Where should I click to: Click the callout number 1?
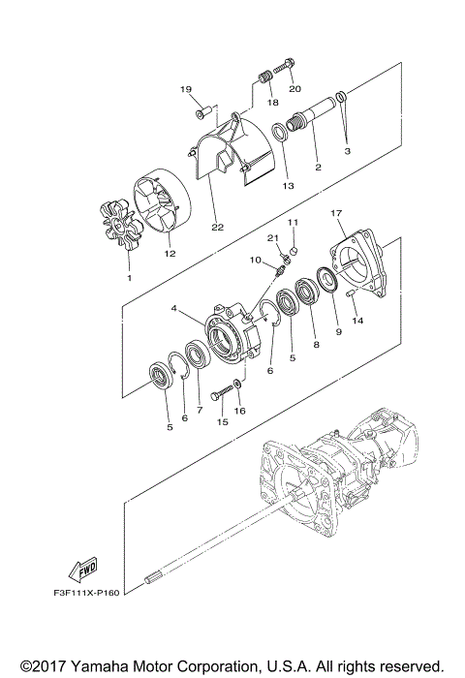128,277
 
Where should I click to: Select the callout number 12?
170,254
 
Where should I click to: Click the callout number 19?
187,90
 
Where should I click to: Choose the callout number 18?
272,102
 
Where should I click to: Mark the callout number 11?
293,224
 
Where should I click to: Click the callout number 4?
174,310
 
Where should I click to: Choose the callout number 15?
223,420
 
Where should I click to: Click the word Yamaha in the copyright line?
96,666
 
